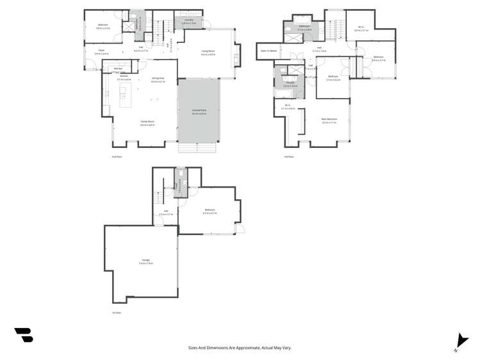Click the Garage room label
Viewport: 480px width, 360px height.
pos(145,259)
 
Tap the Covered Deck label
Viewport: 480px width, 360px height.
pos(199,111)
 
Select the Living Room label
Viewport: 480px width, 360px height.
pos(208,53)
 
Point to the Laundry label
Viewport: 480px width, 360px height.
pos(188,20)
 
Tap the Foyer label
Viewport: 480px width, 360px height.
pos(101,51)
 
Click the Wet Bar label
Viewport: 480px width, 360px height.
pos(118,69)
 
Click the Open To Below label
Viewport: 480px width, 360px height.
pos(269,50)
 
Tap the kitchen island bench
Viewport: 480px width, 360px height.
pos(123,92)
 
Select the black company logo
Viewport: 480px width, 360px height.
pos(24,334)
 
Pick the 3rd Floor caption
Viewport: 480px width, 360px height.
pos(288,156)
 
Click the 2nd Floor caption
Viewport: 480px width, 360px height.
pos(117,156)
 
